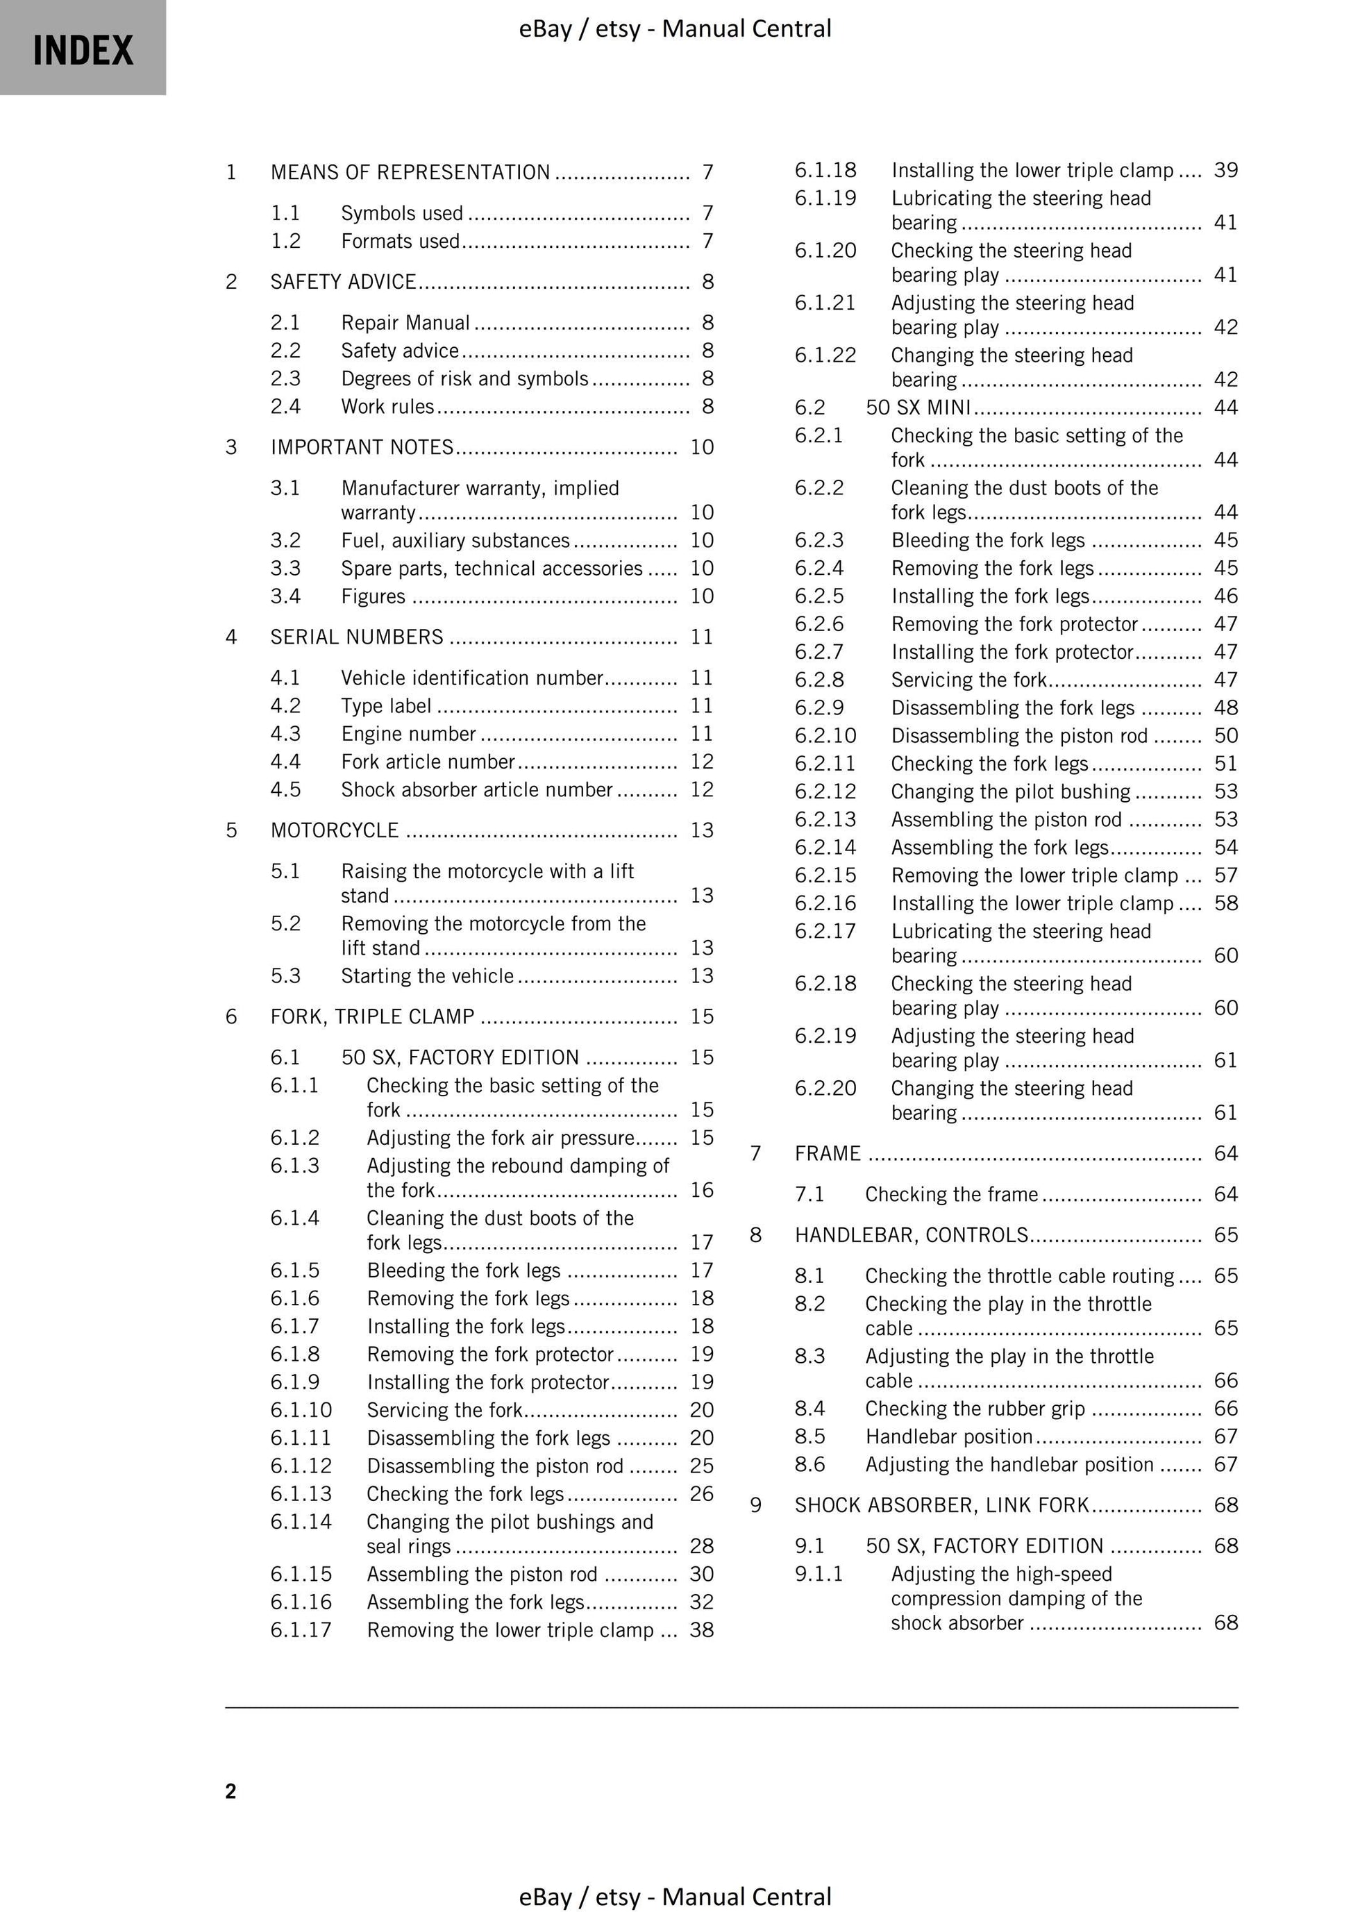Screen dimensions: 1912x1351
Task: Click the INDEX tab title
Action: [x=83, y=50]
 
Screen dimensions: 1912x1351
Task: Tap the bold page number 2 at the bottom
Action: [x=230, y=1791]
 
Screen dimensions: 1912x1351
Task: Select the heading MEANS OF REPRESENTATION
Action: [x=410, y=172]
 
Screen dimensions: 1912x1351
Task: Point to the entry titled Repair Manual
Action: [x=405, y=322]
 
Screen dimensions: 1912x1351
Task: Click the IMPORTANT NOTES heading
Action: [x=362, y=447]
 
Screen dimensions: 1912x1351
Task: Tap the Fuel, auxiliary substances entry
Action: [x=455, y=540]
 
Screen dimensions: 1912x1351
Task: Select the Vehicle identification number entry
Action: [x=471, y=678]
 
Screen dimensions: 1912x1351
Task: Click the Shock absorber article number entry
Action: [x=476, y=789]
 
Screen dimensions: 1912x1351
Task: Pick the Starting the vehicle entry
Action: [x=427, y=976]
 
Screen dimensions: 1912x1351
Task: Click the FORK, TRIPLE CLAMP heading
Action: [x=372, y=1017]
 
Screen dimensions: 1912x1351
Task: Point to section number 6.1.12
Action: [x=301, y=1466]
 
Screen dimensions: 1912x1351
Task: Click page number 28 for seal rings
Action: [x=701, y=1546]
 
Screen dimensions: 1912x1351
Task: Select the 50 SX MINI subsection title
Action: [x=918, y=408]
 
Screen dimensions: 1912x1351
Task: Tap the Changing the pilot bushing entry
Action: [x=1010, y=792]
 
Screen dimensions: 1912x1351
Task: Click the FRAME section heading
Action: [x=827, y=1153]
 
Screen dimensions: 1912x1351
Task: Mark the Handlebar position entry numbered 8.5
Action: [x=949, y=1436]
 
